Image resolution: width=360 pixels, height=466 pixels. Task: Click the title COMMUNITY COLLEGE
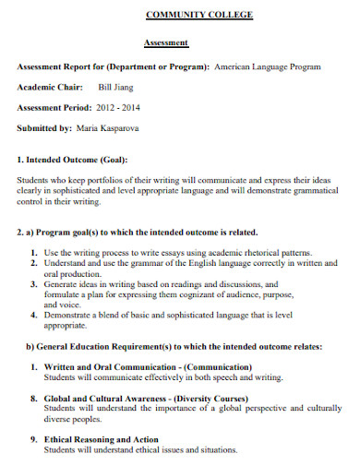198,17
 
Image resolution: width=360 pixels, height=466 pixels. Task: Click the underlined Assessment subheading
166,43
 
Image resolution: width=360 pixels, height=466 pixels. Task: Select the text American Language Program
268,67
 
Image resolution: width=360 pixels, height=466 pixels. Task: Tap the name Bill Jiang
116,88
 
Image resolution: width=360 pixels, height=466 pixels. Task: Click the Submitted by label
45,128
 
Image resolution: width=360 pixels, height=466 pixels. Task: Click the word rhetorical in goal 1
259,252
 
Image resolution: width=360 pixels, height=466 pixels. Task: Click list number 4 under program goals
34,315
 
